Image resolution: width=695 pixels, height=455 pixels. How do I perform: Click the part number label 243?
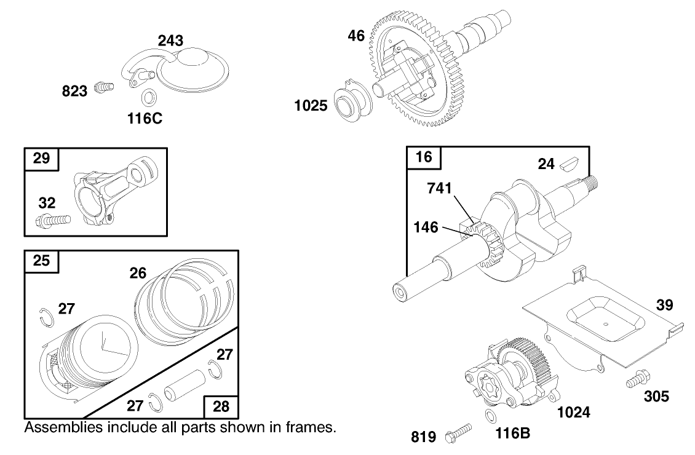tap(170, 41)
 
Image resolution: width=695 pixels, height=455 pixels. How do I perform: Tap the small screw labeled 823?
tap(105, 89)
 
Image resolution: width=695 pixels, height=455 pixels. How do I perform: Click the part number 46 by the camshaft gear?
tap(356, 36)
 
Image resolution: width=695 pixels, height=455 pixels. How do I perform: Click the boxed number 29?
tap(41, 158)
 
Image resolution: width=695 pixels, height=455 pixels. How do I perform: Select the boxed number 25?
tap(41, 261)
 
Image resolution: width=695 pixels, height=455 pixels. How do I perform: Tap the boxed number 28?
tap(221, 406)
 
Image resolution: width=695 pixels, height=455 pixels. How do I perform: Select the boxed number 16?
tap(424, 157)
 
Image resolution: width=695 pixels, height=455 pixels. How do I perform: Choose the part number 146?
tap(426, 228)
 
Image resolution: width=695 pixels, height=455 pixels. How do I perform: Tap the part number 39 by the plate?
tap(664, 305)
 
